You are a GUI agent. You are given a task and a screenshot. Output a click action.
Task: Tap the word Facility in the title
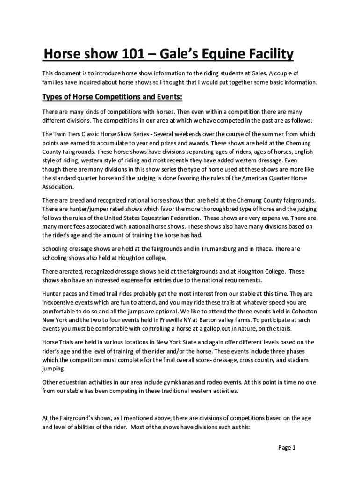tap(266, 55)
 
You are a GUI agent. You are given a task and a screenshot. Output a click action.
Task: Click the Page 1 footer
tap(287, 448)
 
